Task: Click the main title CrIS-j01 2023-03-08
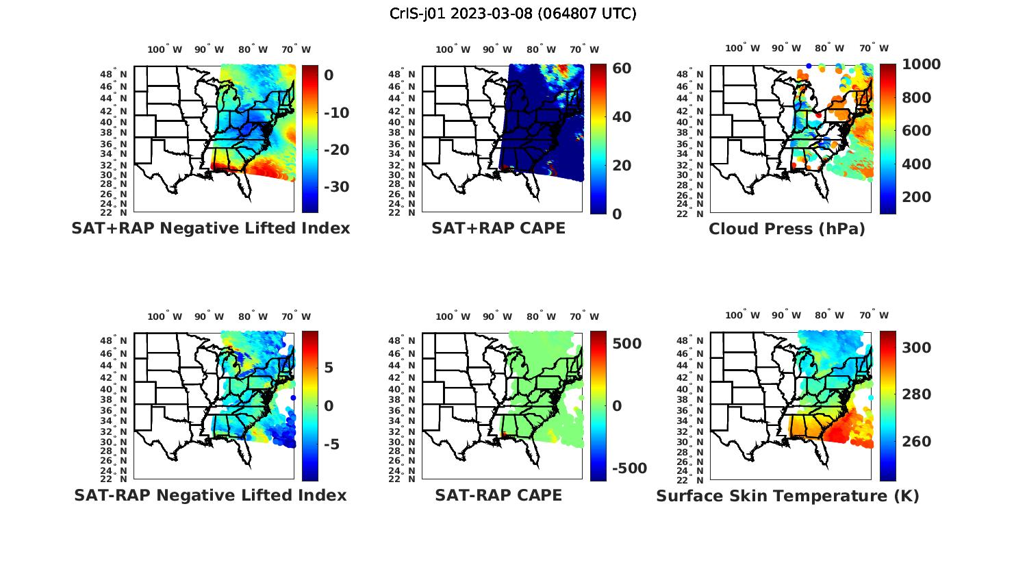513,13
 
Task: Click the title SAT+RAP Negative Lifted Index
211,228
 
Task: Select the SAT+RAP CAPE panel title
498,228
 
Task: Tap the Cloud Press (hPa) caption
787,229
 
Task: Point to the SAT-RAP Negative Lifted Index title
210,495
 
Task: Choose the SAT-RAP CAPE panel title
498,495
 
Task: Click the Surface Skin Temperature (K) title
787,496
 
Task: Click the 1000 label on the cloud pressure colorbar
921,64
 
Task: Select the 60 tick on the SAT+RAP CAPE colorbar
622,68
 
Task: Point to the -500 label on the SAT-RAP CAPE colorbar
629,468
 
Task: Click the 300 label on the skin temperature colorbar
917,348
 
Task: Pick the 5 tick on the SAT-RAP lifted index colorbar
329,368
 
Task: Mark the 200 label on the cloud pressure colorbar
917,197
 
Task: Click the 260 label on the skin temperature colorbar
917,442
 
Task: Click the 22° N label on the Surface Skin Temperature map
700,479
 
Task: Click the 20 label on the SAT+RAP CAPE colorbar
622,166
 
